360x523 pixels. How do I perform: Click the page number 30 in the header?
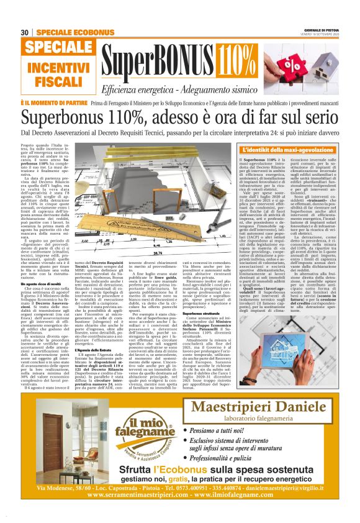(x=25, y=32)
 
